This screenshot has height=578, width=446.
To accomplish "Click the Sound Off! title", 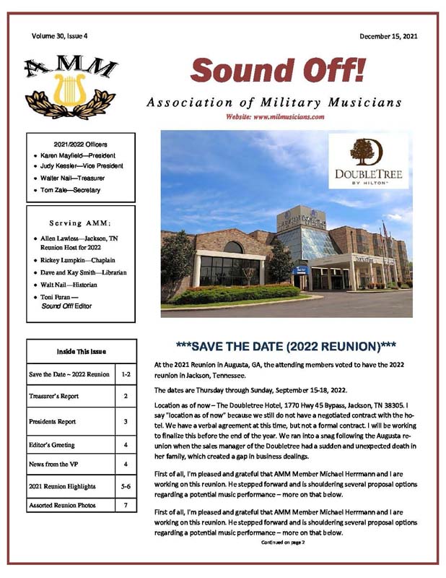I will click(277, 71).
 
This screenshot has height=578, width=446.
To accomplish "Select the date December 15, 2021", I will click(388, 35).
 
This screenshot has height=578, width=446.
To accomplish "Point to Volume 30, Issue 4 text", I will click(61, 35).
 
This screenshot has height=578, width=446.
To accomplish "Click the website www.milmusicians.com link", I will click(274, 116).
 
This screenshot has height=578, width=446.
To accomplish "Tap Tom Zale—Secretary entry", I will click(71, 190).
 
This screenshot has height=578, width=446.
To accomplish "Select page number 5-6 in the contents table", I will click(125, 486).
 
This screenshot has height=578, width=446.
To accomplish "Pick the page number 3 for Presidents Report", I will click(125, 421).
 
